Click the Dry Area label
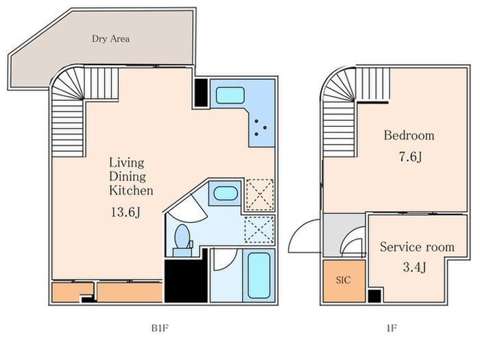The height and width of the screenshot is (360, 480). pyautogui.click(x=110, y=39)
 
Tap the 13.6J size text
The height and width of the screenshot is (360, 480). pyautogui.click(x=125, y=212)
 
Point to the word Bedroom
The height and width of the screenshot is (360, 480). pyautogui.click(x=409, y=135)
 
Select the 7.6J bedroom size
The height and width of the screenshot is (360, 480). pyautogui.click(x=411, y=157)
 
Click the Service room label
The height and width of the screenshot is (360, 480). pyautogui.click(x=417, y=247)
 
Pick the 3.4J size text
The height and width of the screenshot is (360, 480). pyautogui.click(x=414, y=267)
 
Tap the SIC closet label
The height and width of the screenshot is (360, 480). pyautogui.click(x=343, y=280)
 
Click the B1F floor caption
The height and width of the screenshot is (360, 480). pyautogui.click(x=160, y=328)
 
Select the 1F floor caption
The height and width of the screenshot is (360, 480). pyautogui.click(x=392, y=328)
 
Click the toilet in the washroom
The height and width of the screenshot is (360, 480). pyautogui.click(x=182, y=237)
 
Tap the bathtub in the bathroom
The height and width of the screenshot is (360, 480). pyautogui.click(x=259, y=275)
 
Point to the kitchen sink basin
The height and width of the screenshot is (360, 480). pyautogui.click(x=230, y=95)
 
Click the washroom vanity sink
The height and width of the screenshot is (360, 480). pyautogui.click(x=226, y=193)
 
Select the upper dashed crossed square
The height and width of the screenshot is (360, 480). pyautogui.click(x=260, y=195)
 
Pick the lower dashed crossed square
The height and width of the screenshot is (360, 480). pyautogui.click(x=259, y=229)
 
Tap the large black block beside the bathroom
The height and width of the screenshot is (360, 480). pyautogui.click(x=186, y=276)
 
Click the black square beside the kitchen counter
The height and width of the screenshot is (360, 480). pyautogui.click(x=201, y=93)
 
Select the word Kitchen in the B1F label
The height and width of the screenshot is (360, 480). pyautogui.click(x=131, y=191)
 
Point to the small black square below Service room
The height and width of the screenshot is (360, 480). pyautogui.click(x=374, y=296)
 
